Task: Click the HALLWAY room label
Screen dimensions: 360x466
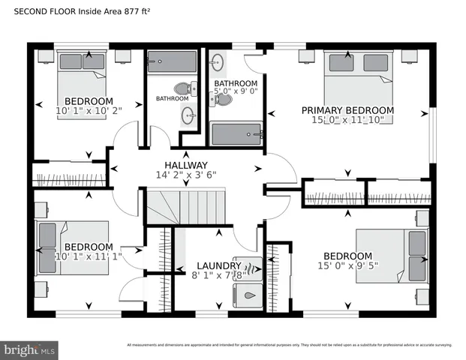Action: pos(185,165)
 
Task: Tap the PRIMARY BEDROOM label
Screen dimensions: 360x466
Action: pos(347,110)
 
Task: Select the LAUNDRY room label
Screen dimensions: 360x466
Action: pos(218,265)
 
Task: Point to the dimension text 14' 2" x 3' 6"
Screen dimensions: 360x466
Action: pos(185,175)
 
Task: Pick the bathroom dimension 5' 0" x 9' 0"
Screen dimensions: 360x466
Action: pos(236,91)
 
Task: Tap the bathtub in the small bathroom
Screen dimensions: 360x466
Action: pos(171,61)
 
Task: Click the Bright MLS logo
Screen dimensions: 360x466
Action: pos(30,349)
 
